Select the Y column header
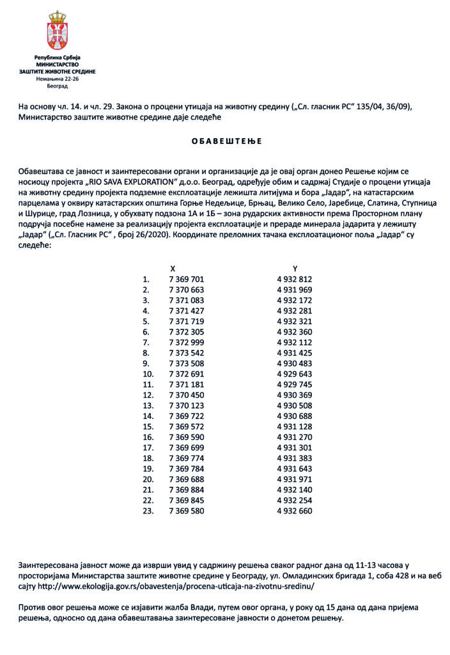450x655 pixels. (x=295, y=269)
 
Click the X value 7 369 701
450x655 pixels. (x=186, y=280)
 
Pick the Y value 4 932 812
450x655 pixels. (x=295, y=280)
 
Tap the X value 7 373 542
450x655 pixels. (x=186, y=352)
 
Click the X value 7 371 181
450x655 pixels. (x=186, y=384)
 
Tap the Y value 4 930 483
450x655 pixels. (x=295, y=363)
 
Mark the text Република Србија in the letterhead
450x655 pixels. (x=57, y=59)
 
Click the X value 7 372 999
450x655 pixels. (x=186, y=342)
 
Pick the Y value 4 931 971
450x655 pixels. (x=295, y=479)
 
